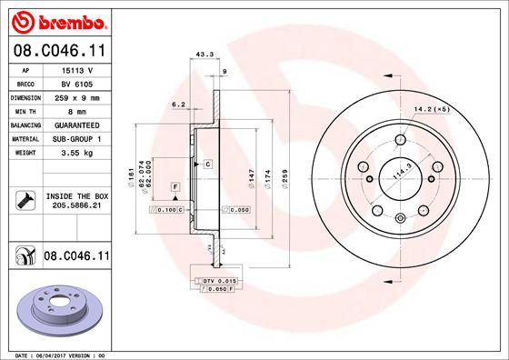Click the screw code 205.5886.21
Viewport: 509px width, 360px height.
point(75,206)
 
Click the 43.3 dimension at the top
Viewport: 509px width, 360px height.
point(205,55)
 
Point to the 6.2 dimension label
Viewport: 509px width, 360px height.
point(178,105)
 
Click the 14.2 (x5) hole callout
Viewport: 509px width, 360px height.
point(430,111)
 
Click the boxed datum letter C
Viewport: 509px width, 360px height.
point(207,164)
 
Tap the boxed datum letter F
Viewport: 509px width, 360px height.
point(174,187)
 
